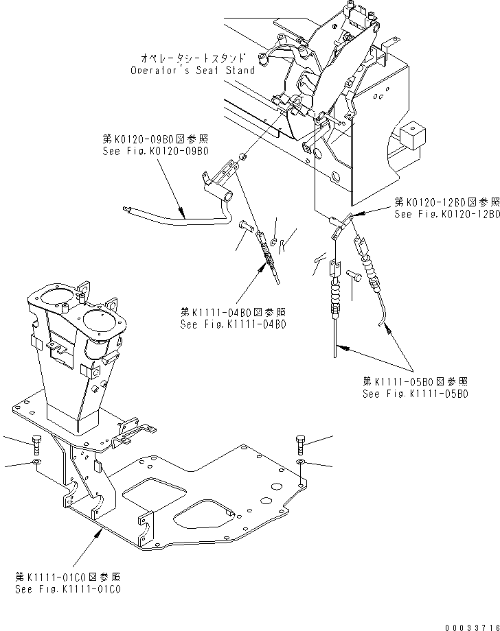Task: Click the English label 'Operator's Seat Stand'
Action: click(x=192, y=70)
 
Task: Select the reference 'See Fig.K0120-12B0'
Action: click(x=446, y=214)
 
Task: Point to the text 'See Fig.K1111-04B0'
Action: click(x=233, y=325)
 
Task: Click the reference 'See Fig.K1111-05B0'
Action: click(x=416, y=394)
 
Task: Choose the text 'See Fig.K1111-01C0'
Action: click(x=69, y=589)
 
